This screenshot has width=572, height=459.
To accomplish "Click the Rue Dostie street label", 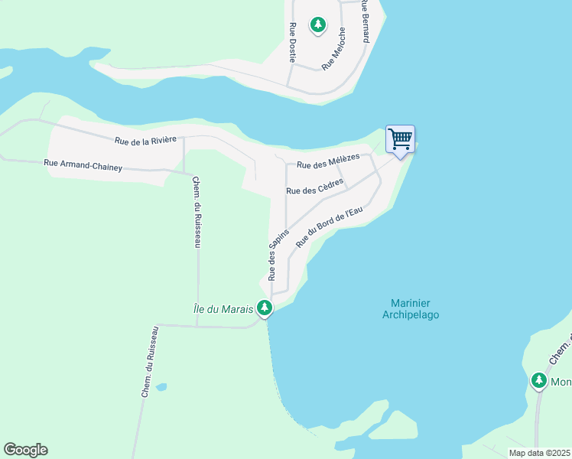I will pos(292,42).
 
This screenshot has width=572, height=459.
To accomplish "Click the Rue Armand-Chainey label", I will pos(83,165).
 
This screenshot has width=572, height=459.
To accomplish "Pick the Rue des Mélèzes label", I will pos(328,162).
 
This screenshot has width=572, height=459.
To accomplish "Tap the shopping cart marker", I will pos(400,140).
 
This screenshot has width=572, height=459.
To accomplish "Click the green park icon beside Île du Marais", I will pos(265,308).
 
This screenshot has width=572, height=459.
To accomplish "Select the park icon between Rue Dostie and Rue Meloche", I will pos(318,25).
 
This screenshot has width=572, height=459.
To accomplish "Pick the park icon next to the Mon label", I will pos(539,381).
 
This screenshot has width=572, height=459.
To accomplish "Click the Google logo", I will pos(25,450).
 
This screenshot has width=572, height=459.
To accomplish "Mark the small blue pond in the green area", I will pos(161,387).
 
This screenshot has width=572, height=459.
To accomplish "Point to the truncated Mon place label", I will pos(561,382).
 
